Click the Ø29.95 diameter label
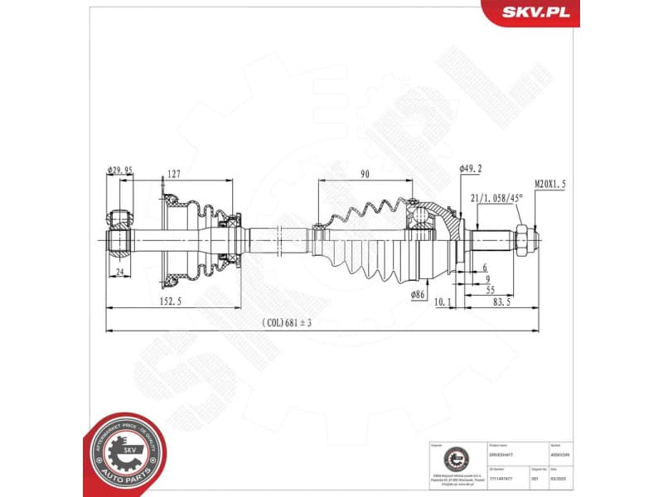click(120, 172)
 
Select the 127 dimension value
click(173, 174)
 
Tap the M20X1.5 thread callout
click(550, 185)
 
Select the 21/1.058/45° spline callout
click(497, 199)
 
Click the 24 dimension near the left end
click(119, 272)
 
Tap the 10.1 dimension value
click(443, 302)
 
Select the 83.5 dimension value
click(501, 302)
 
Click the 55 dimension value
click(491, 291)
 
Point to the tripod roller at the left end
click(119, 241)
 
